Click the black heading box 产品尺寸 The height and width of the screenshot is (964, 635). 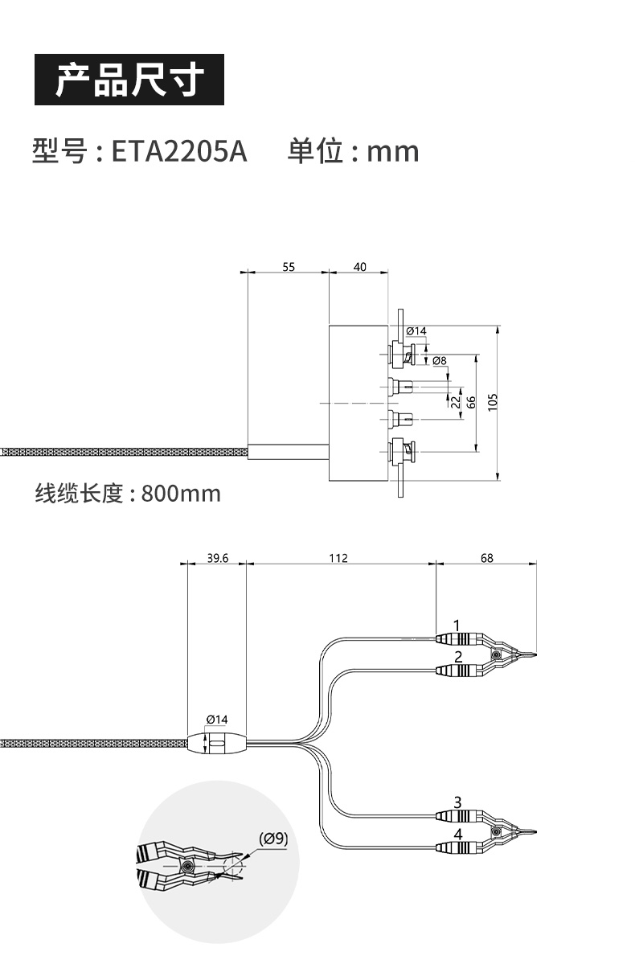(x=129, y=80)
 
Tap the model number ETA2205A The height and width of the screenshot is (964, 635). (x=179, y=151)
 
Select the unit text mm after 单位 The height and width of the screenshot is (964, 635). (x=392, y=151)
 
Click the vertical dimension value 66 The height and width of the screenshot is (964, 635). (x=472, y=401)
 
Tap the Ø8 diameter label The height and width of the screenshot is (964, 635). (x=439, y=361)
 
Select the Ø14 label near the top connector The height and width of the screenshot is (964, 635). (x=416, y=331)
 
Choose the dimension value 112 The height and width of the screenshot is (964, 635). (x=338, y=558)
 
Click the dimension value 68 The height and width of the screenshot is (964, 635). (x=487, y=558)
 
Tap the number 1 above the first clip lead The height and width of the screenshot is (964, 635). (x=457, y=625)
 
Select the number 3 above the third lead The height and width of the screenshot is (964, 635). (x=457, y=802)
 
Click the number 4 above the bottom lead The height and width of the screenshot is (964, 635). (x=457, y=834)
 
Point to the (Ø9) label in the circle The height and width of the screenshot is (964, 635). (x=273, y=839)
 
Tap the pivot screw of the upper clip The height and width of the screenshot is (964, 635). (x=496, y=655)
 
